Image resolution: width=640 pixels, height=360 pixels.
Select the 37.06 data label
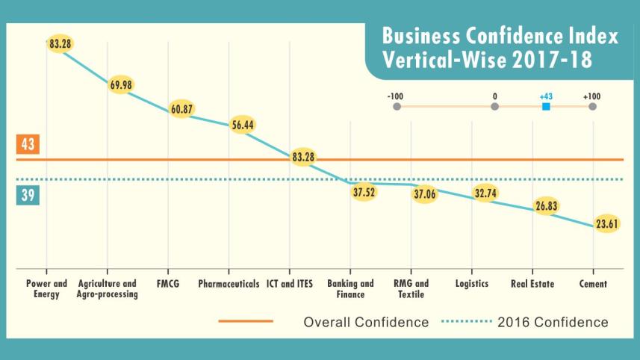(425, 194)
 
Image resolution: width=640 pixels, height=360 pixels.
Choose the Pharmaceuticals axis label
(229, 285)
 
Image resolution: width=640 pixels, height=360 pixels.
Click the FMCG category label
(167, 285)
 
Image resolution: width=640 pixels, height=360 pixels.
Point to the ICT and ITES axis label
(290, 285)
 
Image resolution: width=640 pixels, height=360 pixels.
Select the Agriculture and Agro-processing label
(107, 289)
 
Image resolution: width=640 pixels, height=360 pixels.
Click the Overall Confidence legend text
(365, 323)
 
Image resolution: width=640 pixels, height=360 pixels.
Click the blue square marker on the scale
(546, 107)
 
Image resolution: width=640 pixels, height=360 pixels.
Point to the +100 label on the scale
(592, 96)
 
